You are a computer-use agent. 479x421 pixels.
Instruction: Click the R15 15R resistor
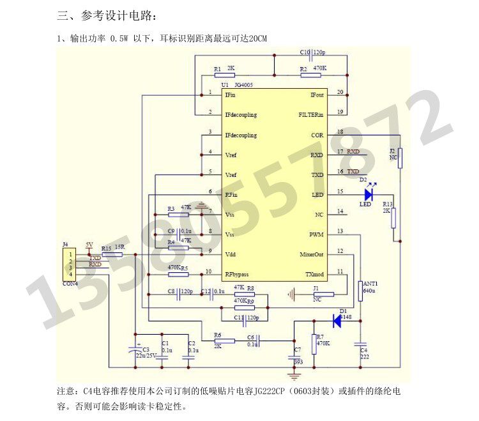[113, 254]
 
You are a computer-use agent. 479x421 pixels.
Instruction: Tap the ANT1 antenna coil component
[360, 291]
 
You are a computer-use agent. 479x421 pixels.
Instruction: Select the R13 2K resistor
[393, 218]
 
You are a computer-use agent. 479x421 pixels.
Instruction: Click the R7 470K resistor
[314, 344]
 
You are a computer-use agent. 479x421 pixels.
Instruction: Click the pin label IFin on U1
[231, 95]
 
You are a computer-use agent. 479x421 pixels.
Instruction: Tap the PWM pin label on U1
[317, 234]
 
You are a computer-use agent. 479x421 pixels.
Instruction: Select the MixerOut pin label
[312, 254]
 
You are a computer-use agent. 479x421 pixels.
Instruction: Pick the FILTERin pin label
[312, 115]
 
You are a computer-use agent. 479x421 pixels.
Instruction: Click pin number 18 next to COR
[340, 132]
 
